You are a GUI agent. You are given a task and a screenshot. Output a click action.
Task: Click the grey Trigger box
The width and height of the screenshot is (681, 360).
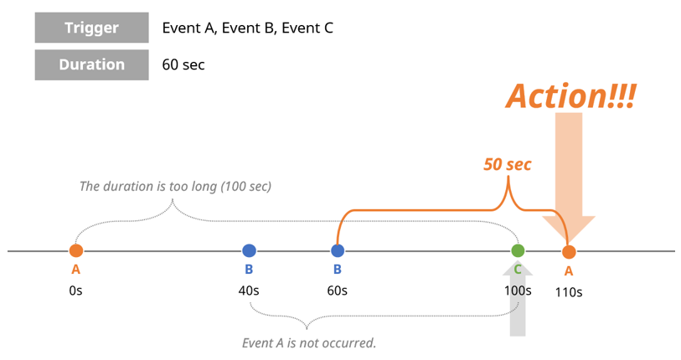tap(92, 28)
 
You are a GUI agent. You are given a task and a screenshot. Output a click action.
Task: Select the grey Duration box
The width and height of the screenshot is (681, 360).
tap(92, 64)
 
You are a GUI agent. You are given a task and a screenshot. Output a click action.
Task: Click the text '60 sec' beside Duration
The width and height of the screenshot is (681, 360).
tap(183, 64)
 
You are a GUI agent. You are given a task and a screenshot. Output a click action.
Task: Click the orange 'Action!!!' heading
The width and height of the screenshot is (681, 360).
tap(570, 95)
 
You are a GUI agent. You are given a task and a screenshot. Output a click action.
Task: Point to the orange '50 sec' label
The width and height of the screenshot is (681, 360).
tap(507, 164)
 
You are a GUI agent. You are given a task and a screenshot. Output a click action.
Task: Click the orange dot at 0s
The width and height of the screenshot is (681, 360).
tap(76, 250)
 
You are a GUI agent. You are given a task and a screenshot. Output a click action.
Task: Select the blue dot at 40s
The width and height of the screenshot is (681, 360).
tap(249, 250)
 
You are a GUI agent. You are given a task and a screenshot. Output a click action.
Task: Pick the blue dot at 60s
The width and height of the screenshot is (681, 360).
tap(338, 250)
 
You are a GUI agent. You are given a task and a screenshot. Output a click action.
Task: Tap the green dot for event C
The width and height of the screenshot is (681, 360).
tap(518, 250)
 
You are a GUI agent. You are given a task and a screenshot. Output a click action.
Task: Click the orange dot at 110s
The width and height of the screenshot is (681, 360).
tap(570, 251)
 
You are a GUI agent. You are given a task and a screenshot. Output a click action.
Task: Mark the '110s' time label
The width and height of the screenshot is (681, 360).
tap(570, 292)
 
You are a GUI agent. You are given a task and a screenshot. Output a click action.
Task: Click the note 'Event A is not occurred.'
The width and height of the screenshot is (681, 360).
tap(307, 342)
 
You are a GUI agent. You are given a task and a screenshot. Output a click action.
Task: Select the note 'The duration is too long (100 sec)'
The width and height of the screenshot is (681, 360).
tap(175, 186)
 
